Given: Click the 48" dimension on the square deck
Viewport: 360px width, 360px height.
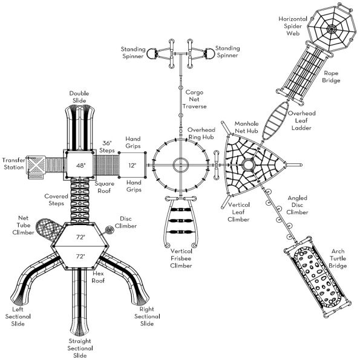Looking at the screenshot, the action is click(80, 165).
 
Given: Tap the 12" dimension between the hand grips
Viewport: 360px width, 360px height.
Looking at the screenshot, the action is click(133, 165).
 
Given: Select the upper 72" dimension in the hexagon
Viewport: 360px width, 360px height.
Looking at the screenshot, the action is click(80, 237).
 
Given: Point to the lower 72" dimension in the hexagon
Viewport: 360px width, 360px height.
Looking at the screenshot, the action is click(80, 256).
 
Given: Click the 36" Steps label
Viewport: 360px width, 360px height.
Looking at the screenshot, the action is click(106, 146).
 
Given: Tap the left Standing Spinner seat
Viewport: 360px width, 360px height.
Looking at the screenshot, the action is click(152, 54).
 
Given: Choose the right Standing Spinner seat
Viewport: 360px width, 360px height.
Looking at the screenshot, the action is click(209, 54).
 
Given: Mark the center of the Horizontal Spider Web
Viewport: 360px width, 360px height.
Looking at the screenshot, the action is click(332, 29).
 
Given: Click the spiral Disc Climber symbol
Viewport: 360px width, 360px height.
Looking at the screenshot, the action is click(110, 230).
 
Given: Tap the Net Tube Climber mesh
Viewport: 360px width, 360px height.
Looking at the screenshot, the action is click(48, 229).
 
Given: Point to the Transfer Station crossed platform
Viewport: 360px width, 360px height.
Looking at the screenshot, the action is click(36, 165).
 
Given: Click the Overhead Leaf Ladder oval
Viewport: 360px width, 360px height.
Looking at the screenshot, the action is click(276, 121).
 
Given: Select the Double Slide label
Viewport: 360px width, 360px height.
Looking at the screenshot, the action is click(79, 97).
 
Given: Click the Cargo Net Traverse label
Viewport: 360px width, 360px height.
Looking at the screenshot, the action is click(194, 99).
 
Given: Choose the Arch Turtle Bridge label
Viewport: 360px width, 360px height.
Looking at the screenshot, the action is click(338, 258).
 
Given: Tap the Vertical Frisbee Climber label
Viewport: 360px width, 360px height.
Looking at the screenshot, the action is click(181, 258).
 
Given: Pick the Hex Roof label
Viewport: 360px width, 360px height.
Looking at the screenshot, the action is click(98, 277).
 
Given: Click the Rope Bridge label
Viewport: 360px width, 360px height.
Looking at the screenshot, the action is click(331, 77).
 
